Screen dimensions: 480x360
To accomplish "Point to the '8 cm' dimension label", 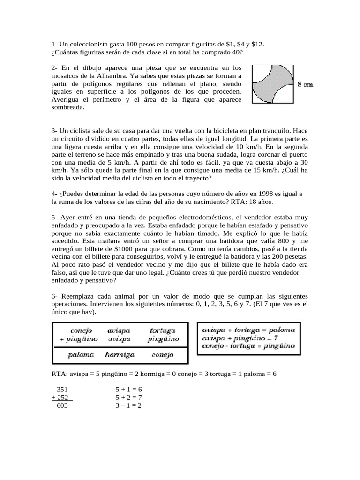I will click(x=305, y=85).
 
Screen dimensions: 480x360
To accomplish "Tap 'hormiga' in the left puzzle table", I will click(x=120, y=355).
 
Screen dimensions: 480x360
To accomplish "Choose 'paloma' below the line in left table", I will click(x=82, y=355).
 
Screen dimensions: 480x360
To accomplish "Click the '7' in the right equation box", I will click(x=277, y=338).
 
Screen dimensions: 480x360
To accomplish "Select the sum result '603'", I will click(x=62, y=406).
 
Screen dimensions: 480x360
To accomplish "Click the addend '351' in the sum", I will click(x=62, y=390).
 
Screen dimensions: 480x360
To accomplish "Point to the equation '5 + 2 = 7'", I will click(x=128, y=397).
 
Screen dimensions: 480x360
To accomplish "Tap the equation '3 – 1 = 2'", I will click(x=128, y=406).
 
